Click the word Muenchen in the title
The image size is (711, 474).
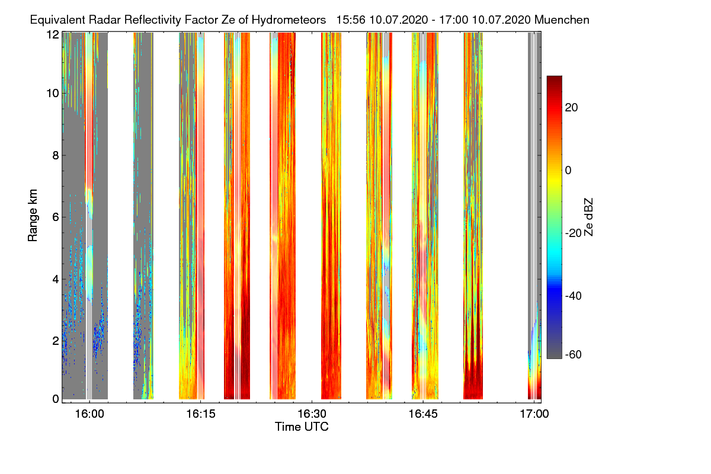562,20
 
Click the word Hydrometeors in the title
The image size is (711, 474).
289,20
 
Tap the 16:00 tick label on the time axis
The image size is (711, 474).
89,414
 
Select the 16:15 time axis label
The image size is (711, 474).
201,414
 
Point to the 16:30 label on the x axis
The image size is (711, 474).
312,414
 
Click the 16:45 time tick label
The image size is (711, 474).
423,414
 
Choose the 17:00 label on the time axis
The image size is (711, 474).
534,414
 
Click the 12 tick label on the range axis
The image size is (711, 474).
53,34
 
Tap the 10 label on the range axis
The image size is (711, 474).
53,94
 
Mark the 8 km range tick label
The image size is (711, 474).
56,156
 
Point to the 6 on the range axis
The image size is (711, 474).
56,217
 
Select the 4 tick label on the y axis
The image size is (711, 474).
56,280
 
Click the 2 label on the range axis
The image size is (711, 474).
56,341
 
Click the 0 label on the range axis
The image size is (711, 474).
56,399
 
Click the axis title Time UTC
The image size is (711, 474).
302,427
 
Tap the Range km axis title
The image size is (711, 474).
33,215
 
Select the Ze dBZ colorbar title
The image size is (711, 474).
588,217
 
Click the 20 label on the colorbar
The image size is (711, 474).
571,108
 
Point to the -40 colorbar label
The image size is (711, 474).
574,296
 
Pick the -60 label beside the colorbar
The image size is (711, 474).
574,354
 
